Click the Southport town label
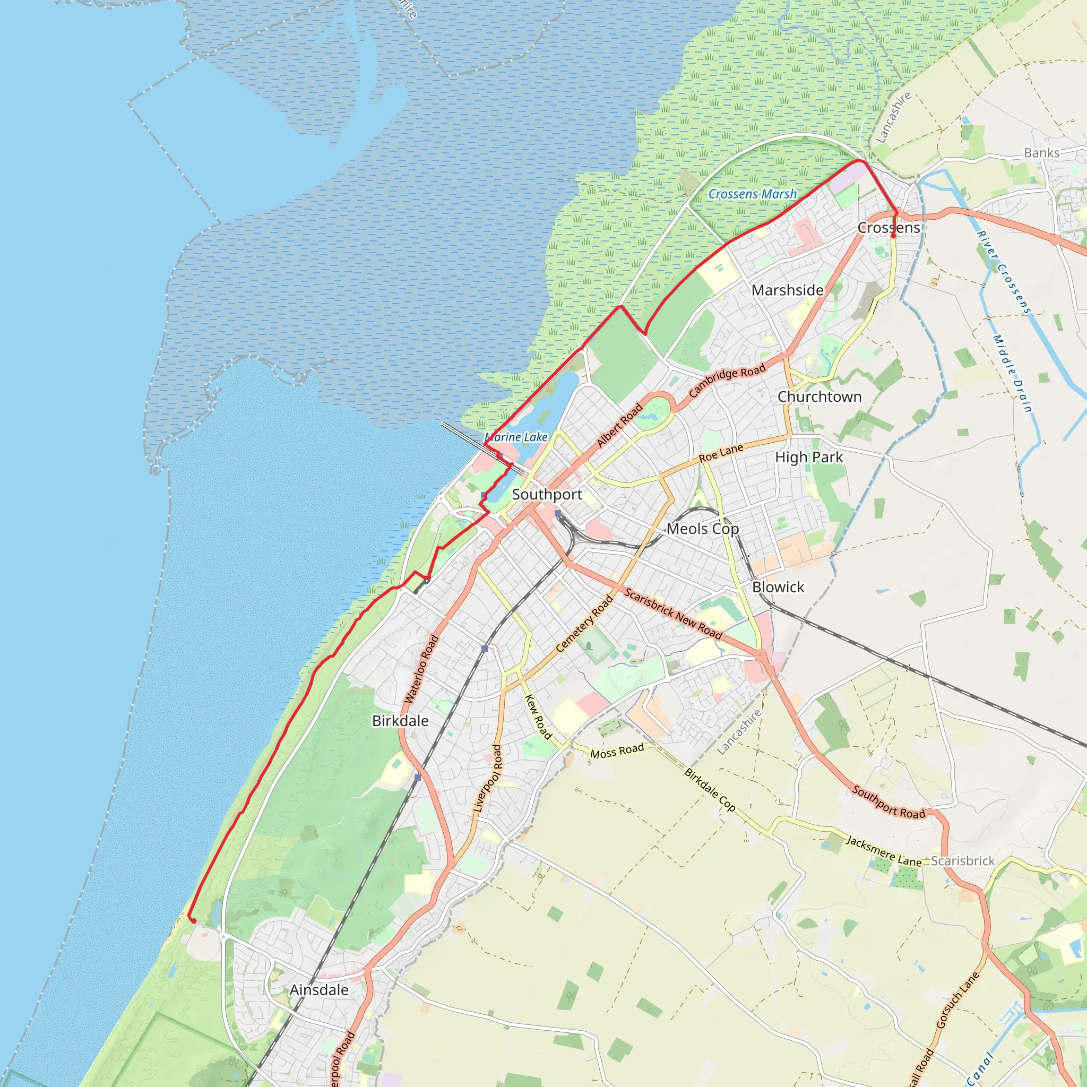(x=547, y=495)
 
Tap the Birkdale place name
(x=400, y=721)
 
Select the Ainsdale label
(x=319, y=990)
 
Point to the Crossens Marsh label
(x=752, y=194)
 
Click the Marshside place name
(x=787, y=290)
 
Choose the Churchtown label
(x=819, y=396)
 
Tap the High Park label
(x=808, y=458)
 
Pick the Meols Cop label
(x=702, y=529)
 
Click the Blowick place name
(x=778, y=587)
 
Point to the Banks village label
(x=1041, y=153)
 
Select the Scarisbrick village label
(x=963, y=861)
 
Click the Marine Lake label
(x=516, y=437)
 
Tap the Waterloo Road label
(x=421, y=669)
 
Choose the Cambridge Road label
(x=727, y=381)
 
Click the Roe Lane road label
(x=721, y=453)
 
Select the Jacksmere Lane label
(x=883, y=851)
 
